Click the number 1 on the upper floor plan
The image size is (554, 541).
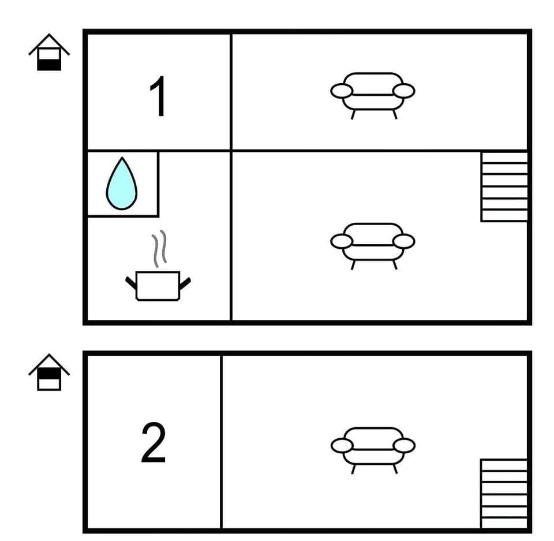158,97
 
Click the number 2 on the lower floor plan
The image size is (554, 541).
154,443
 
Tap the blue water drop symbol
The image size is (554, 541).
122,184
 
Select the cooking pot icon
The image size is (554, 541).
158,286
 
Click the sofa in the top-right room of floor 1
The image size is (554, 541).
373,92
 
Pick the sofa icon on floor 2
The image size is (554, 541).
373,446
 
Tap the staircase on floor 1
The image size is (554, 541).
504,186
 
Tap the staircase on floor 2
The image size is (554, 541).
504,494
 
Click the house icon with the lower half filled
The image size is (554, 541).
49,53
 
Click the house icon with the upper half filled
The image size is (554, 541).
49,373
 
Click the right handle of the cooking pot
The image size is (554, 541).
185,283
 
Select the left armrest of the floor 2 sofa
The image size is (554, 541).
342,445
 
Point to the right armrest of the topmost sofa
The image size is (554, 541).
404,91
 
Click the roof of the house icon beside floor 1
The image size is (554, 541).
49,42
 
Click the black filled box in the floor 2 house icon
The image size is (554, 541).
49,374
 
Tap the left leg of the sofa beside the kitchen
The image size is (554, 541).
353,264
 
